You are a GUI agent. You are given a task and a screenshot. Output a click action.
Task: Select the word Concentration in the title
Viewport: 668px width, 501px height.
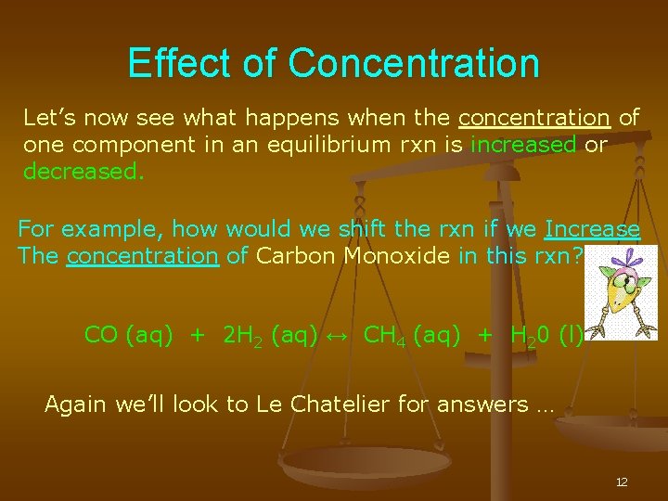pyautogui.click(x=414, y=63)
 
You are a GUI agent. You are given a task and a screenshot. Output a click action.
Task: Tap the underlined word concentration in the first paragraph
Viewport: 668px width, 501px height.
pyautogui.click(x=534, y=118)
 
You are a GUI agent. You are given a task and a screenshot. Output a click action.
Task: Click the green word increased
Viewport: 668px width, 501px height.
pyautogui.click(x=524, y=145)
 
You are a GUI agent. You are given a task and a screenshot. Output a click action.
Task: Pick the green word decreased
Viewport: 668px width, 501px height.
pyautogui.click(x=83, y=172)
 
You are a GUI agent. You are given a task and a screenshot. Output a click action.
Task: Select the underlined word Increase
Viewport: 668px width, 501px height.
pyautogui.click(x=592, y=228)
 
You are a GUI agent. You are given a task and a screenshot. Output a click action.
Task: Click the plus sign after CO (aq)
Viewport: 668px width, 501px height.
pyautogui.click(x=197, y=335)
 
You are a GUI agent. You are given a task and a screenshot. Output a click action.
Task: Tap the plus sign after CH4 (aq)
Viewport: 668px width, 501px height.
pyautogui.click(x=485, y=335)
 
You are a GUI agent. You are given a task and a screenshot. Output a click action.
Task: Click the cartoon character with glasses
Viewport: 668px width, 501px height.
pyautogui.click(x=625, y=292)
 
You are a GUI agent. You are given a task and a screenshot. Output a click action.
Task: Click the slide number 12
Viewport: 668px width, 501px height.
pyautogui.click(x=622, y=482)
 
